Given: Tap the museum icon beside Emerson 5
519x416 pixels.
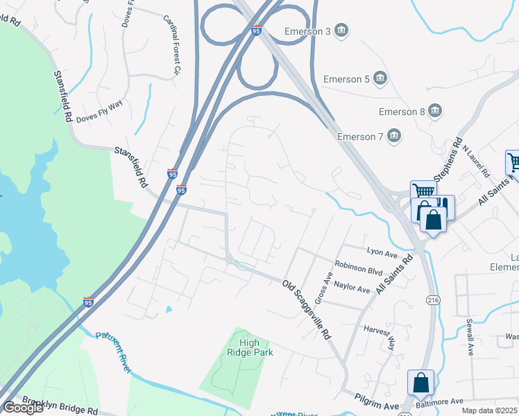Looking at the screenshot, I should click(380, 79).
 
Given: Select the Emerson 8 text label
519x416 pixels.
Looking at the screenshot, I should click(402, 112).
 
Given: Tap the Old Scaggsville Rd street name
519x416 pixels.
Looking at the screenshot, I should click(306, 309).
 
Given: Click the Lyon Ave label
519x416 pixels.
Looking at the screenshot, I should click(381, 252).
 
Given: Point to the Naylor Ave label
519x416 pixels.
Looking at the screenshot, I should click(352, 287).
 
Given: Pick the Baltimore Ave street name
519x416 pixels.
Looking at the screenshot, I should click(439, 401).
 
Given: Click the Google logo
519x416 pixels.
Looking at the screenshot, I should click(24, 408).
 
